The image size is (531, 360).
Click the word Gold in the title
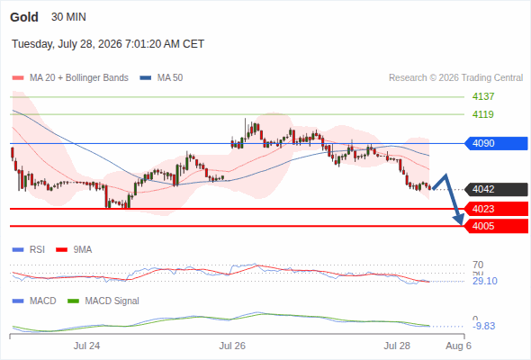24,17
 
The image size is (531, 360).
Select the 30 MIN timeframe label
68,17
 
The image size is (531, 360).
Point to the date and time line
108,44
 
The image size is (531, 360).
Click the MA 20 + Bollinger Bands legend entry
70,78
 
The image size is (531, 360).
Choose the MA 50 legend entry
161,78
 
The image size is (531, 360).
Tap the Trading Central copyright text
455,78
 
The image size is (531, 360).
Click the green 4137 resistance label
483,96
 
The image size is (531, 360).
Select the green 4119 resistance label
483,114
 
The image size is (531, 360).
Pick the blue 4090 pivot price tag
496,143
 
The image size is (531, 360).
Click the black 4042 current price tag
496,189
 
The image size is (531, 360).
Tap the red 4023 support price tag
496,209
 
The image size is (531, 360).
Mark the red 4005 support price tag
496,226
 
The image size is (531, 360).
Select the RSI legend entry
29,249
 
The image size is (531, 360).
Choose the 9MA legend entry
74,249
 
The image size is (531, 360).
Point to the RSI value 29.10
485,281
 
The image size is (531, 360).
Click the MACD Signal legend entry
103,301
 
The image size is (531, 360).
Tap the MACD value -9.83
484,326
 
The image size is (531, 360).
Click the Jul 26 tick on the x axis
232,346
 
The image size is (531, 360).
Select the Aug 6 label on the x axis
458,346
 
